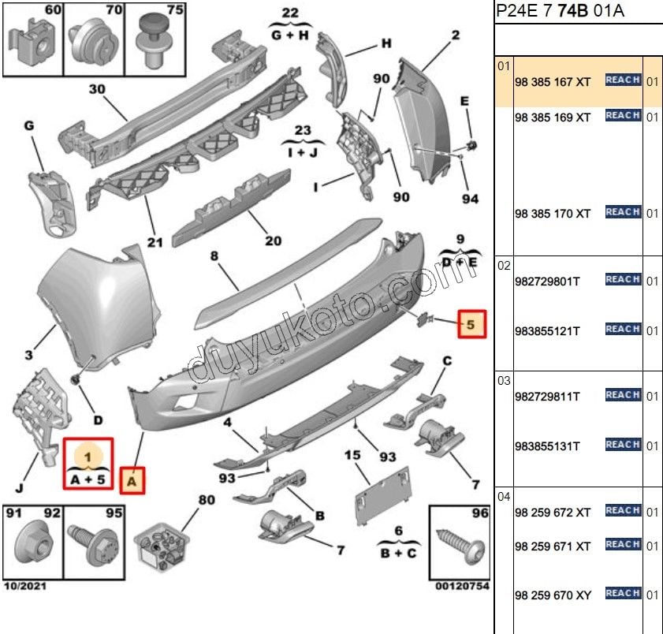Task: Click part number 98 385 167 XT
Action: click(552, 82)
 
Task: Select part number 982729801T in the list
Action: click(547, 282)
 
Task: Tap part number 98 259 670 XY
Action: click(553, 595)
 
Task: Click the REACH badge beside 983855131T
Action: click(623, 444)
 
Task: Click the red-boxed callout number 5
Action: click(472, 324)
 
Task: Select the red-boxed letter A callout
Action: click(132, 480)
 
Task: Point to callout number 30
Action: click(97, 89)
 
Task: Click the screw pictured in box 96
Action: click(461, 546)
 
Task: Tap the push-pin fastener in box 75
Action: click(155, 41)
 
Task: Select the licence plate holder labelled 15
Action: click(382, 496)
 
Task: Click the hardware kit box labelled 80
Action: click(162, 547)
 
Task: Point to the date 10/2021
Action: click(25, 586)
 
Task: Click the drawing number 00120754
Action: click(462, 586)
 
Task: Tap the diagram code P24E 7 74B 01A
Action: click(560, 10)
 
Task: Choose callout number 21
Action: click(155, 242)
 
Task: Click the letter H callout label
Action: click(386, 43)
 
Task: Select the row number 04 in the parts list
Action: click(504, 496)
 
